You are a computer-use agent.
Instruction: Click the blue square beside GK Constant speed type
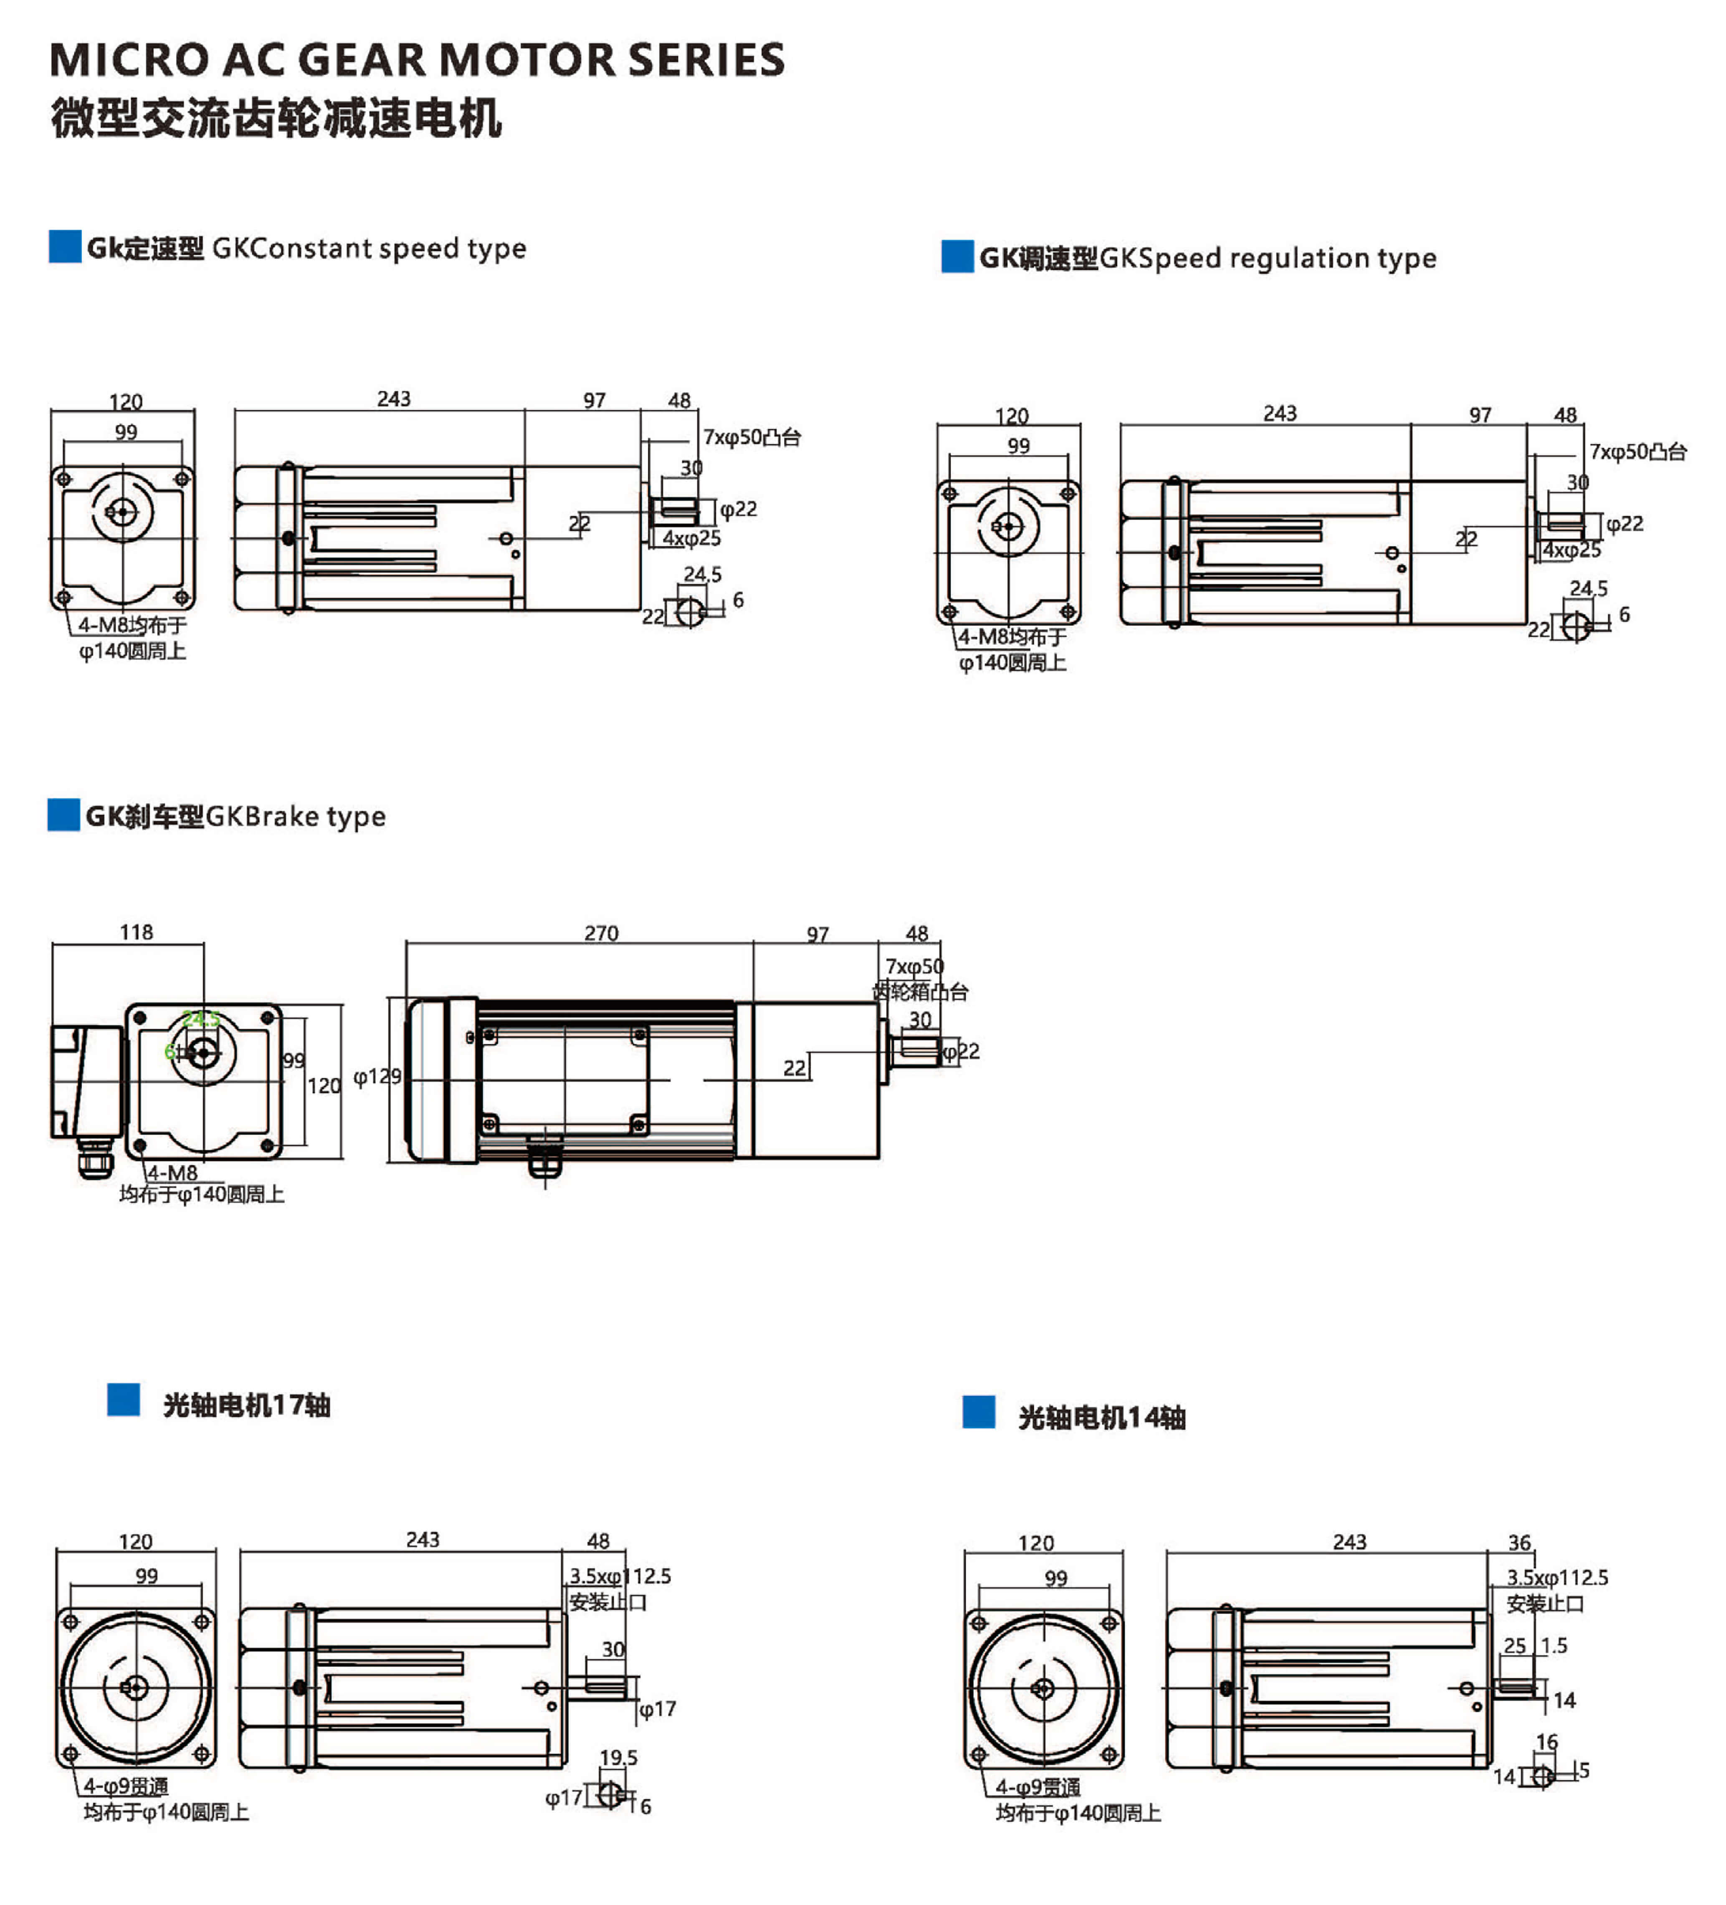point(64,247)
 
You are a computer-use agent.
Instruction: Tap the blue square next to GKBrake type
point(63,815)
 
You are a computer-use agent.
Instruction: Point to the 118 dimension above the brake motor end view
point(136,932)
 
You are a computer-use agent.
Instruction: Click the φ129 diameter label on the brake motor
point(376,1076)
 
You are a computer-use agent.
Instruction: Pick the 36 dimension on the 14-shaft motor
point(1519,1542)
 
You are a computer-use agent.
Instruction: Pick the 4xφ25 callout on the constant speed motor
point(691,537)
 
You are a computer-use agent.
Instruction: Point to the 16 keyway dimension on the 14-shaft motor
point(1546,1741)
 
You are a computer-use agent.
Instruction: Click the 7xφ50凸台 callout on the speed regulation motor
point(1637,452)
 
